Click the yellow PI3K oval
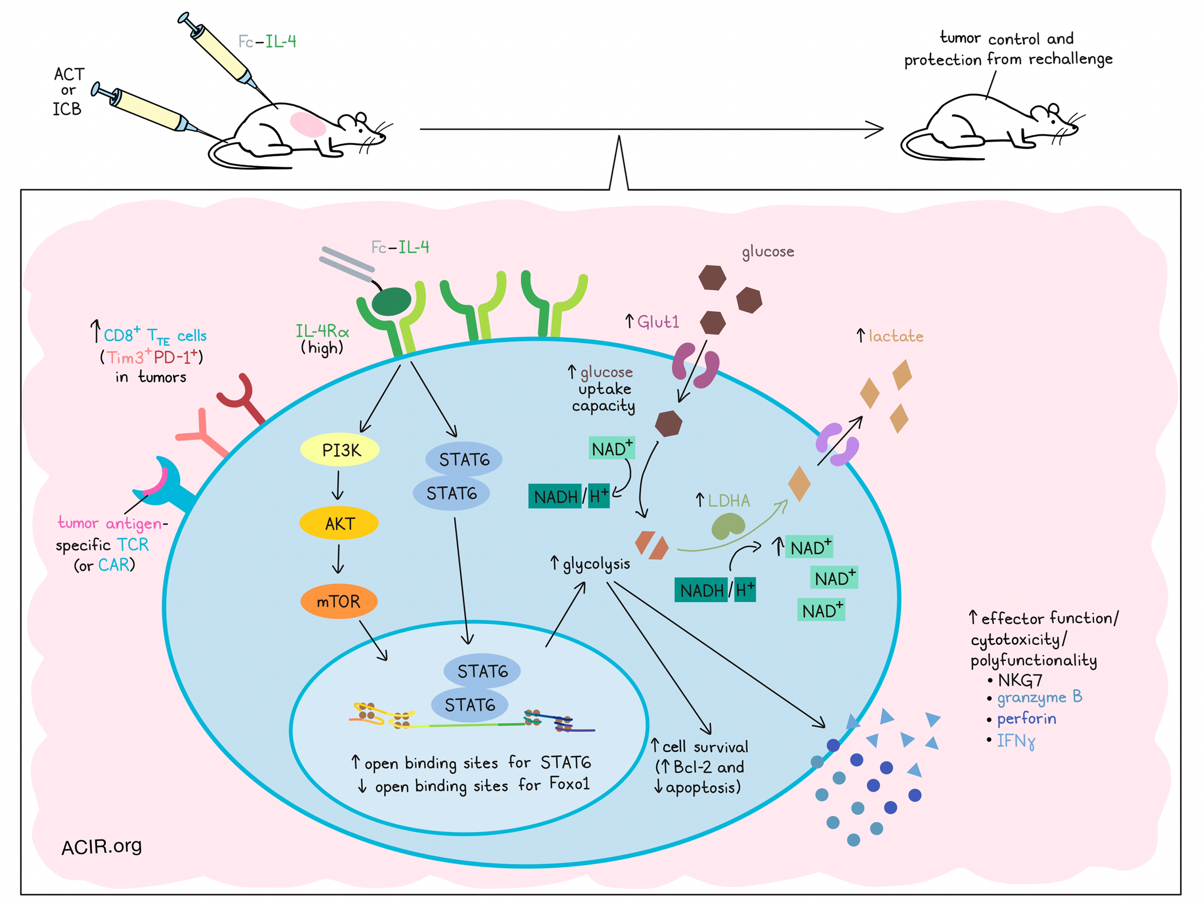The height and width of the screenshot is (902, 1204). click(340, 450)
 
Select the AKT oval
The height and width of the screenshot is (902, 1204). click(339, 523)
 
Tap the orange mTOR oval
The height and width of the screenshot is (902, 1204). click(339, 601)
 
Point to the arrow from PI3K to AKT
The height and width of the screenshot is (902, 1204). click(338, 485)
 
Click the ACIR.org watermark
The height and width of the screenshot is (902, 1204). click(101, 846)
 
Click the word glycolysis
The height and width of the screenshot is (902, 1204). click(596, 564)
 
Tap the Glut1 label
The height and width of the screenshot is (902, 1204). click(658, 322)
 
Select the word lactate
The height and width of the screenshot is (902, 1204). click(896, 336)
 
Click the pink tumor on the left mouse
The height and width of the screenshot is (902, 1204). click(308, 124)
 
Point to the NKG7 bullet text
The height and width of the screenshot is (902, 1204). click(1020, 680)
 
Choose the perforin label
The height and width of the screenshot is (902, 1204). click(1026, 719)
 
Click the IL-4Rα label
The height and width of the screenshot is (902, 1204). click(322, 331)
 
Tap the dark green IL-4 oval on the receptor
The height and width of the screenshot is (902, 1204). click(392, 301)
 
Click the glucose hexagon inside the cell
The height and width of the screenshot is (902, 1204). click(669, 423)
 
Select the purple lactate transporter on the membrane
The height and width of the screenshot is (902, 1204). click(837, 445)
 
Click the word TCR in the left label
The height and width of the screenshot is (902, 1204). click(132, 544)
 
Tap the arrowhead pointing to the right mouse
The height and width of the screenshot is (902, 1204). click(875, 130)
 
